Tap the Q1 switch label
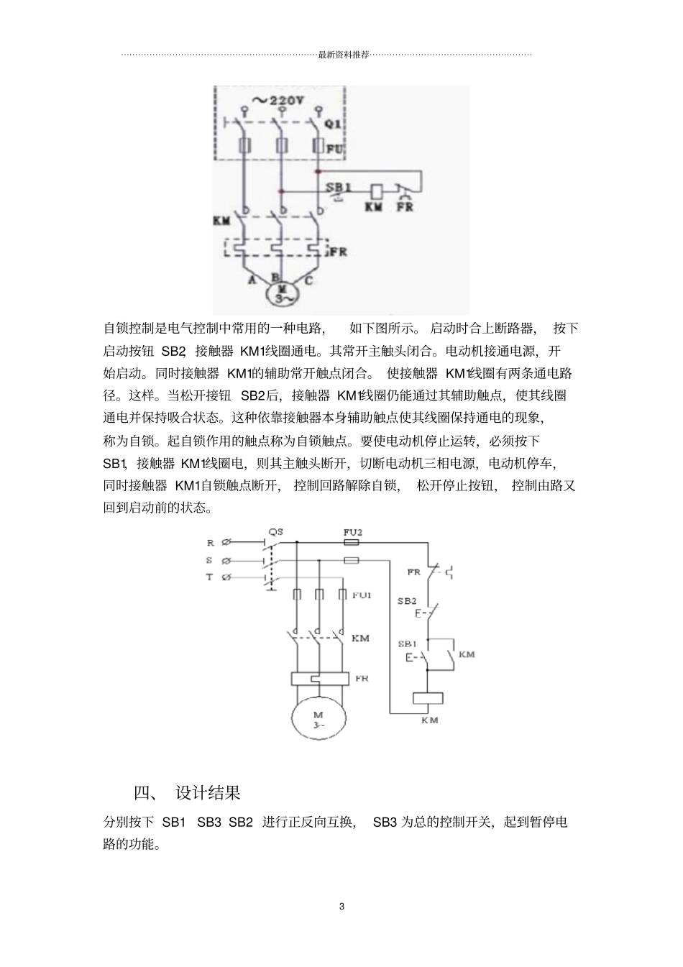point(334,124)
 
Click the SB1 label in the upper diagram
point(339,187)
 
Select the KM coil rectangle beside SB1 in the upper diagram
point(375,192)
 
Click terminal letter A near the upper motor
point(252,280)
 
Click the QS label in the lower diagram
point(275,532)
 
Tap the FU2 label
point(352,532)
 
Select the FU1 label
point(362,595)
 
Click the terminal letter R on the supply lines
point(210,544)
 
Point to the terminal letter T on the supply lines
point(210,577)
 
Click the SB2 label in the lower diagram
point(407,600)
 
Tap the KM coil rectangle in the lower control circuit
point(427,698)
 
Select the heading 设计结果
point(208,793)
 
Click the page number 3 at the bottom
point(341,906)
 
